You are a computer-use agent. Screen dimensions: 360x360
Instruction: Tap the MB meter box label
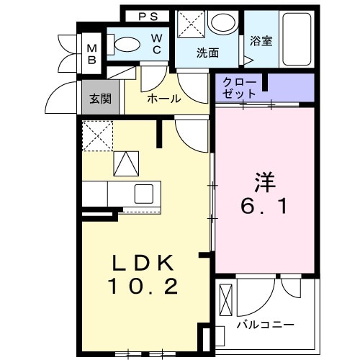[92, 53]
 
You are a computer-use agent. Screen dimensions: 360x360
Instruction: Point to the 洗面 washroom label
[208, 53]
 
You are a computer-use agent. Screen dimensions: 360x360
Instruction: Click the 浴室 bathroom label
[260, 42]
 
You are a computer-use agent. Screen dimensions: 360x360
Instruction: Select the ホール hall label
[163, 99]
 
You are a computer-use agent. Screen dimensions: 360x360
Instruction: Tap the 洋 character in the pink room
[262, 179]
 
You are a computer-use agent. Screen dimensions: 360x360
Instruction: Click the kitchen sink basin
[143, 193]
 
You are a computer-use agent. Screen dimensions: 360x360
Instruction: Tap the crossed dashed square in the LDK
[96, 136]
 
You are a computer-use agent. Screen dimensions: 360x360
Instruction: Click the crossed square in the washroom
[192, 23]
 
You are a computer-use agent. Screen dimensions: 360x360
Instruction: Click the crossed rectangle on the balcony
[225, 301]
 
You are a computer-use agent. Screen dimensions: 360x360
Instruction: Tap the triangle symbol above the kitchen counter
[125, 163]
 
